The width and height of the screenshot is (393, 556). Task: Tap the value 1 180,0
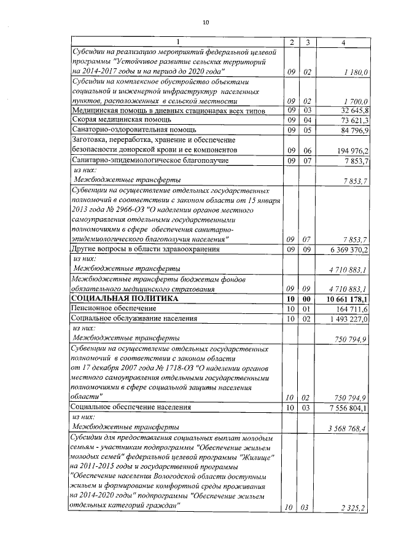356,72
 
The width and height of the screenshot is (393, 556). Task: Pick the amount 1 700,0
356,101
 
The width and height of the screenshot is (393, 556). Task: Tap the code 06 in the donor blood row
308,151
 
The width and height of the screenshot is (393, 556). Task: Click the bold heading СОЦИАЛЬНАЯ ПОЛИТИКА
125,299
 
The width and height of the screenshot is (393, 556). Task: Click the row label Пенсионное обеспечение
111,308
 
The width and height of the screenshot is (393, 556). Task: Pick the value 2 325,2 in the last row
356,507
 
